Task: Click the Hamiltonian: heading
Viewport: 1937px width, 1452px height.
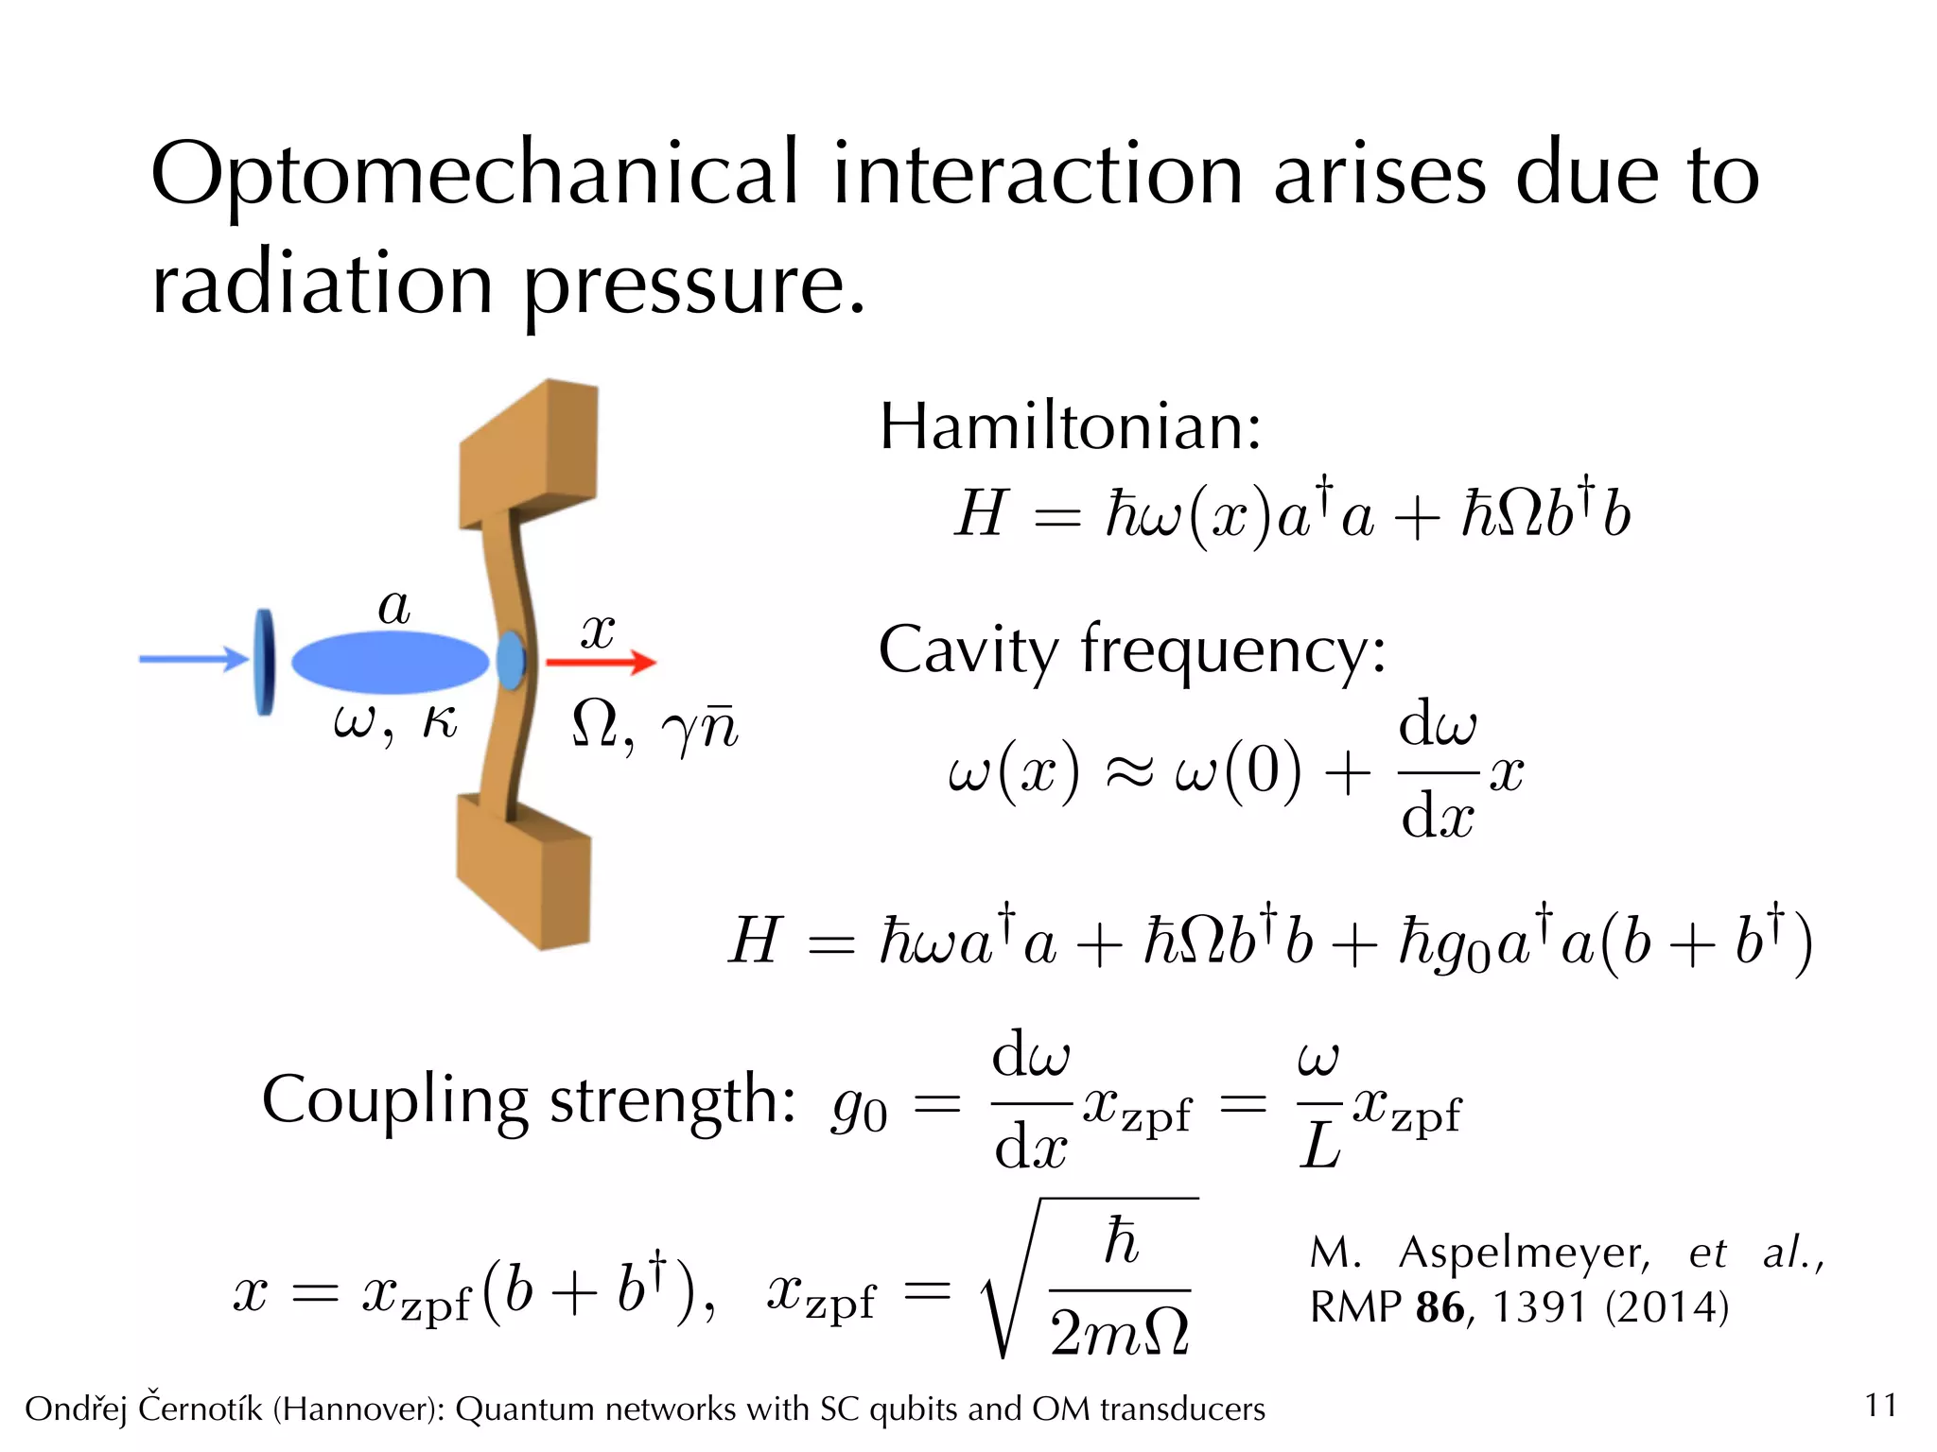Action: coord(1070,427)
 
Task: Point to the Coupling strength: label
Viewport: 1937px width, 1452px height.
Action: coord(529,1100)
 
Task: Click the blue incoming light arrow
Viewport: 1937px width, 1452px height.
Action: coord(194,659)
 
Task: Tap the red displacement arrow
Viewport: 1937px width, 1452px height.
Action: coord(602,662)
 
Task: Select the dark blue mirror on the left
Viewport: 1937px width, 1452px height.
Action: coord(265,662)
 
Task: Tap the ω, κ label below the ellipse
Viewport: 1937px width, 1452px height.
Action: coord(395,723)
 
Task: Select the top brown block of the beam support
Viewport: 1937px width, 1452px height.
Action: coord(530,454)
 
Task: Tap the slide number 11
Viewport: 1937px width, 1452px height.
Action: coord(1880,1406)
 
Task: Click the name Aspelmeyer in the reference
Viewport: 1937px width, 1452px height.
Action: coord(1524,1253)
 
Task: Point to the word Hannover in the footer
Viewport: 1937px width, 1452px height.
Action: coord(356,1409)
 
